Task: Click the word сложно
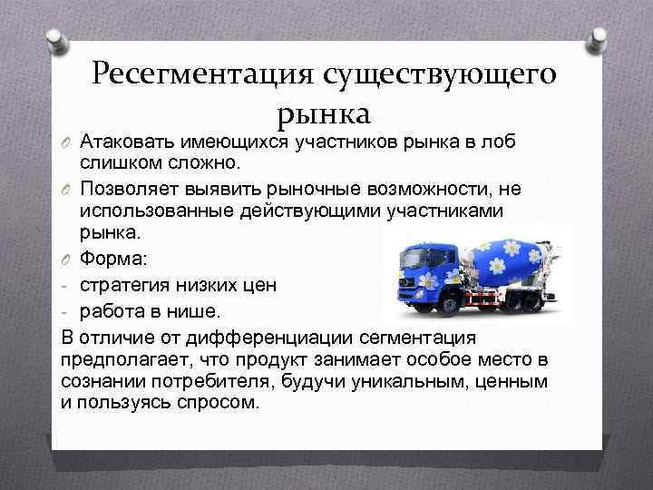[x=200, y=162]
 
